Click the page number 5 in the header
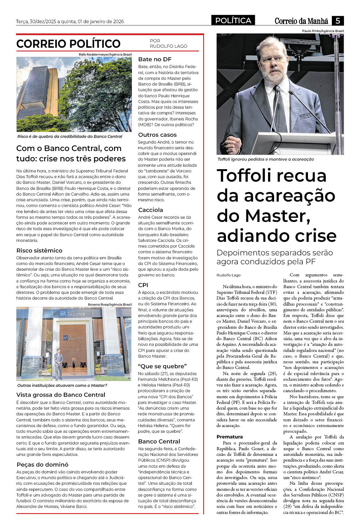(x=338, y=21)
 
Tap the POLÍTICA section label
(x=233, y=21)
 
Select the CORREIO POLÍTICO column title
(x=68, y=44)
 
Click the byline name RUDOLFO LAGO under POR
(x=168, y=46)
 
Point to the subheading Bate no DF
(x=155, y=59)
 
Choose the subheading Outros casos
(x=157, y=135)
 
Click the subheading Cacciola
(x=150, y=210)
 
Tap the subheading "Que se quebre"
(x=162, y=366)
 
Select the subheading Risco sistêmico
(x=39, y=250)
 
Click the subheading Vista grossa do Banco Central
(x=61, y=395)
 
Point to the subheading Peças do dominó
(x=42, y=464)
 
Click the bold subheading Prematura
(x=230, y=437)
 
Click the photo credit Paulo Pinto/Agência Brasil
(x=323, y=31)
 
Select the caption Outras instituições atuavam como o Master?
(x=62, y=385)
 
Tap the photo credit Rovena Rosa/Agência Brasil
(x=109, y=304)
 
